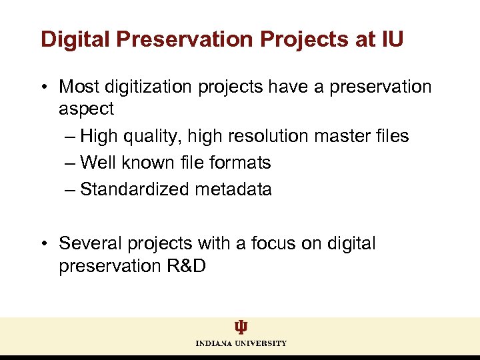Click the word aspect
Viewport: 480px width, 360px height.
[87, 109]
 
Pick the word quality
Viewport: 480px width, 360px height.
[150, 136]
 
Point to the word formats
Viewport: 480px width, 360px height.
[240, 163]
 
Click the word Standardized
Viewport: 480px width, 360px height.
[135, 189]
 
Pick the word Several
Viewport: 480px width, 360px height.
[87, 244]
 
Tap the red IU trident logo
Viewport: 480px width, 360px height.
[241, 327]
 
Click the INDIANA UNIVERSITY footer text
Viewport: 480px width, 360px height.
[241, 343]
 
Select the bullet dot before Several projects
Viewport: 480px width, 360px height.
[44, 244]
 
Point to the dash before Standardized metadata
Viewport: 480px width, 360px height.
[71, 189]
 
